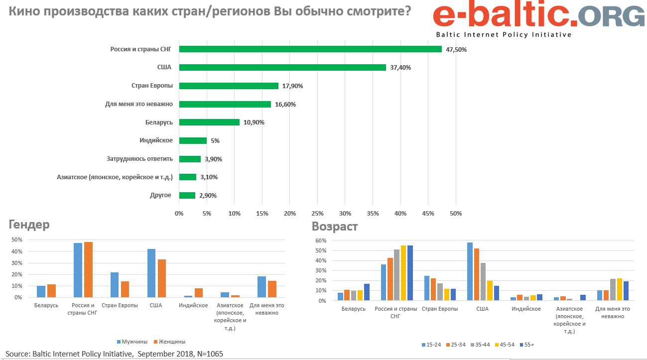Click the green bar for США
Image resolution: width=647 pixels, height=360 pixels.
(x=282, y=67)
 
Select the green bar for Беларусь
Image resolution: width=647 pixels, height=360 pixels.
(x=209, y=122)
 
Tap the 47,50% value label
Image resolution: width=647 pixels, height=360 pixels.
(x=456, y=49)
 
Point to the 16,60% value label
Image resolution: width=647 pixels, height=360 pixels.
(x=285, y=104)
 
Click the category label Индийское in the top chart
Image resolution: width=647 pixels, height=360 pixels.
(x=156, y=140)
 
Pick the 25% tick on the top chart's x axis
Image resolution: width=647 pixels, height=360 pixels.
(x=317, y=214)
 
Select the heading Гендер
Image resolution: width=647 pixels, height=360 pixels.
(x=29, y=225)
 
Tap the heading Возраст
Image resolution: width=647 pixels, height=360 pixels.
(x=335, y=227)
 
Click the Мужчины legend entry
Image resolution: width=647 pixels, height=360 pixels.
(x=131, y=342)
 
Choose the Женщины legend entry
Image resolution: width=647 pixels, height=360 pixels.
(x=169, y=342)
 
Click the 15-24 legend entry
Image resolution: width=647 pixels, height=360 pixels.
(x=431, y=345)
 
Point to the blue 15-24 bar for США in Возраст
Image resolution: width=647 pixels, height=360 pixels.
(x=470, y=271)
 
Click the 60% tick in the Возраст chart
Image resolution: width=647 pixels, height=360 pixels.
(x=321, y=240)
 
